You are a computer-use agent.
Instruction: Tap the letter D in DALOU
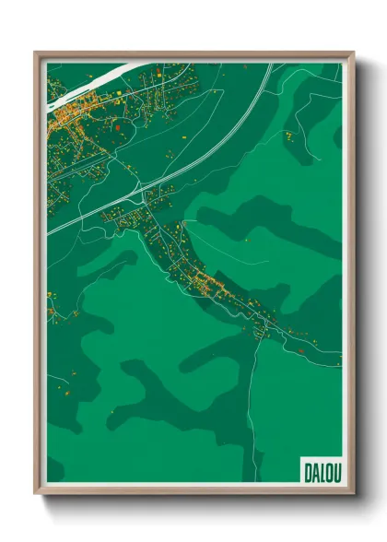[x=307, y=471]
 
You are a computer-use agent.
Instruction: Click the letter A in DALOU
[x=313, y=471]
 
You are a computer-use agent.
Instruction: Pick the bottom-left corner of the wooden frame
[x=36, y=495]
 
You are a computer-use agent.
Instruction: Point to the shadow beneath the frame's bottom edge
[x=193, y=503]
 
